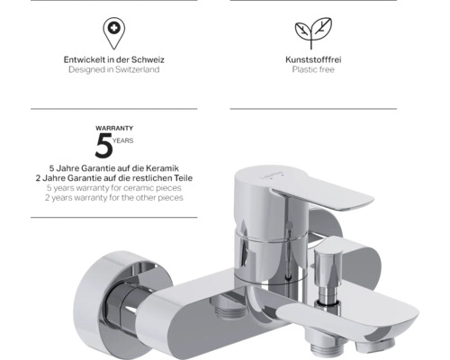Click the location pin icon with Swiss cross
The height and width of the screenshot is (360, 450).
(x=114, y=33)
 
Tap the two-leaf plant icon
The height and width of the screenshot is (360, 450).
(x=313, y=33)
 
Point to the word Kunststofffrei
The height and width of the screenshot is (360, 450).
(x=313, y=59)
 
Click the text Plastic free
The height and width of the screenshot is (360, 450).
(x=313, y=69)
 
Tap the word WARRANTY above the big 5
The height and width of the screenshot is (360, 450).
(x=114, y=128)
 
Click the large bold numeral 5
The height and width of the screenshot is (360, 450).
(x=103, y=146)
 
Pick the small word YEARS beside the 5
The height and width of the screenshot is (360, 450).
(x=123, y=140)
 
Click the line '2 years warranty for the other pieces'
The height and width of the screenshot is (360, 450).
(x=114, y=198)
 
